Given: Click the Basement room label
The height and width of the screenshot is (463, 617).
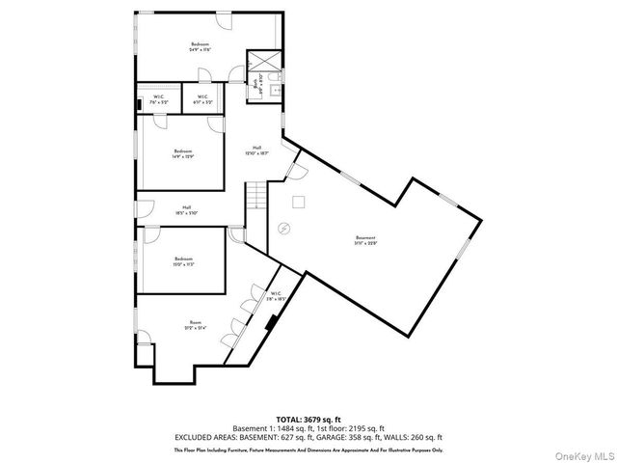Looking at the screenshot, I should [x=364, y=239].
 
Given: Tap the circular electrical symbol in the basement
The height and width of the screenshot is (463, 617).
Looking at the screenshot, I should [x=283, y=229].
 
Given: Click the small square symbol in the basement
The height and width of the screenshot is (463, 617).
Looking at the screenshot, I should [x=299, y=202].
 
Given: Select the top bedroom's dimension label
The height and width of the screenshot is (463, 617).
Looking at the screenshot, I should [x=200, y=49].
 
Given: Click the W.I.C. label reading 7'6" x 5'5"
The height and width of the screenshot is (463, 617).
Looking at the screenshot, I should [x=159, y=98].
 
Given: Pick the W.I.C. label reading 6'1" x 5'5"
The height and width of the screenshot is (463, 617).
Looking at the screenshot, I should [x=202, y=98].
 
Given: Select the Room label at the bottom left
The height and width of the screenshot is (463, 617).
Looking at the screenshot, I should [x=196, y=325].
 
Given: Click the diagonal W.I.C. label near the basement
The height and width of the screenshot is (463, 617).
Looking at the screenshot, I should [x=276, y=296].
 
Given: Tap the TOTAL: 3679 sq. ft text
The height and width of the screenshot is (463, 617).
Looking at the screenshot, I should [x=308, y=420].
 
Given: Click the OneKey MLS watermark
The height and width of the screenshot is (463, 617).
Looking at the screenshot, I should [x=581, y=452].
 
